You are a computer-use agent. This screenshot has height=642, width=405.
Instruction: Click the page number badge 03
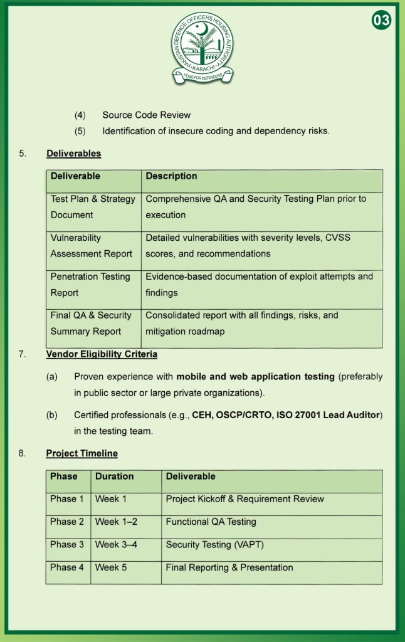(381, 21)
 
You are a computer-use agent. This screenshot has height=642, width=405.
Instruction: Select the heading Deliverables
(73, 153)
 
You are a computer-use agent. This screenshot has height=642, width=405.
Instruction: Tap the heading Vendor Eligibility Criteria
(102, 354)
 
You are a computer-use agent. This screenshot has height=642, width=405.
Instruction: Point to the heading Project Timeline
(82, 453)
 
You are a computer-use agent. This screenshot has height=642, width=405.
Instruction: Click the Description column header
(171, 176)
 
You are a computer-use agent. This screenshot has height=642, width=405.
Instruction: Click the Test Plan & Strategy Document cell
(93, 207)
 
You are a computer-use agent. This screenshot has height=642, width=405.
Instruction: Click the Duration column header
(114, 476)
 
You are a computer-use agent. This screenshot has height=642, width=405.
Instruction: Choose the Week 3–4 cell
(116, 545)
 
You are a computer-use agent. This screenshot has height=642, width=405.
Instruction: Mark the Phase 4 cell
(67, 567)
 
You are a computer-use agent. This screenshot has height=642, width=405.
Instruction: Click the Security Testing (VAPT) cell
(214, 545)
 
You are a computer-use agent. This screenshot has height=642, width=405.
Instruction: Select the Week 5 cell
(111, 567)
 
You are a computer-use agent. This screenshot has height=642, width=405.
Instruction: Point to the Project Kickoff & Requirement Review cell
(245, 499)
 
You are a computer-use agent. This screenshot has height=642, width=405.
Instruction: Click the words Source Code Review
(146, 115)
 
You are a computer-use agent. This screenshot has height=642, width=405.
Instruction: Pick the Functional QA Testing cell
(211, 522)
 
